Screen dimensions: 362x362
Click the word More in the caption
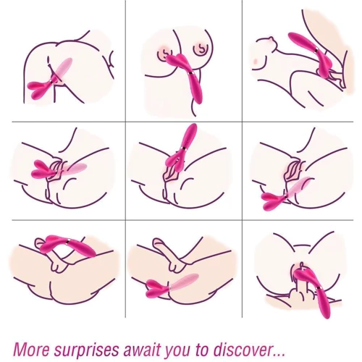tap(31, 349)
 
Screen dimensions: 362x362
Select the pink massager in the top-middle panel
tap(186, 76)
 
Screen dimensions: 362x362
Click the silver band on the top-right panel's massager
tap(316, 50)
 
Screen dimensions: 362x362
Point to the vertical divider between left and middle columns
tap(125, 159)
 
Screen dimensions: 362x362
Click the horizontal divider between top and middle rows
tap(182, 122)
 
